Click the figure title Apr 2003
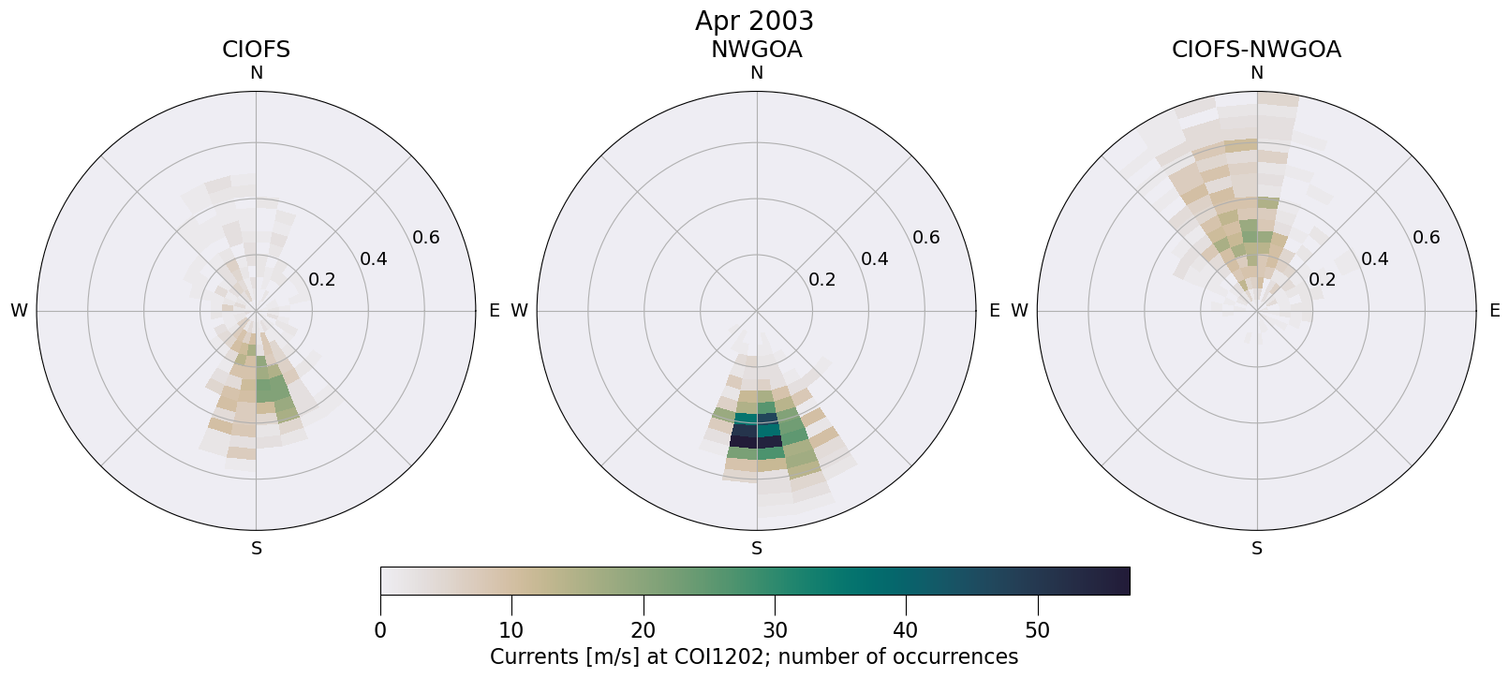click(x=754, y=21)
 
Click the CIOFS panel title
click(x=256, y=50)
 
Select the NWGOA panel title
click(x=756, y=50)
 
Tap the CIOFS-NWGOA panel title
click(x=1256, y=50)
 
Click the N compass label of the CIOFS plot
click(x=256, y=73)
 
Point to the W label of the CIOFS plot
click(x=19, y=311)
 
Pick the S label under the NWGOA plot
click(x=757, y=549)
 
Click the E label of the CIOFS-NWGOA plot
click(x=1494, y=311)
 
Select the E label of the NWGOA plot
click(x=994, y=311)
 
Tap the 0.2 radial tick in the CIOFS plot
click(x=322, y=279)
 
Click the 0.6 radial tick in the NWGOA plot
click(x=926, y=237)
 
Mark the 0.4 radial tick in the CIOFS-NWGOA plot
click(x=1374, y=258)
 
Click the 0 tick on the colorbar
click(x=380, y=630)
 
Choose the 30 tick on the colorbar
click(x=775, y=630)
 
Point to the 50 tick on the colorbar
click(x=1038, y=630)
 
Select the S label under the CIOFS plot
click(x=256, y=549)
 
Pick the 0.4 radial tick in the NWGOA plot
click(x=874, y=258)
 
